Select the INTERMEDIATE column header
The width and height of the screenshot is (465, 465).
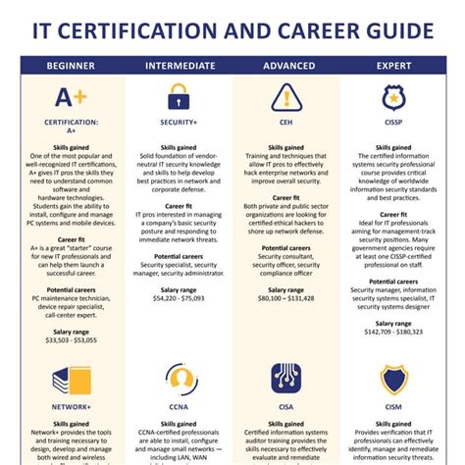(x=181, y=67)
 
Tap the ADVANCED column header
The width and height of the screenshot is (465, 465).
(x=289, y=67)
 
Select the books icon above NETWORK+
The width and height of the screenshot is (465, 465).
(x=71, y=377)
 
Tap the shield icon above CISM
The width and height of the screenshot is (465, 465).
(x=395, y=377)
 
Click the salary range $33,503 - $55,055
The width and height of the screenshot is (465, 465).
(x=71, y=341)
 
